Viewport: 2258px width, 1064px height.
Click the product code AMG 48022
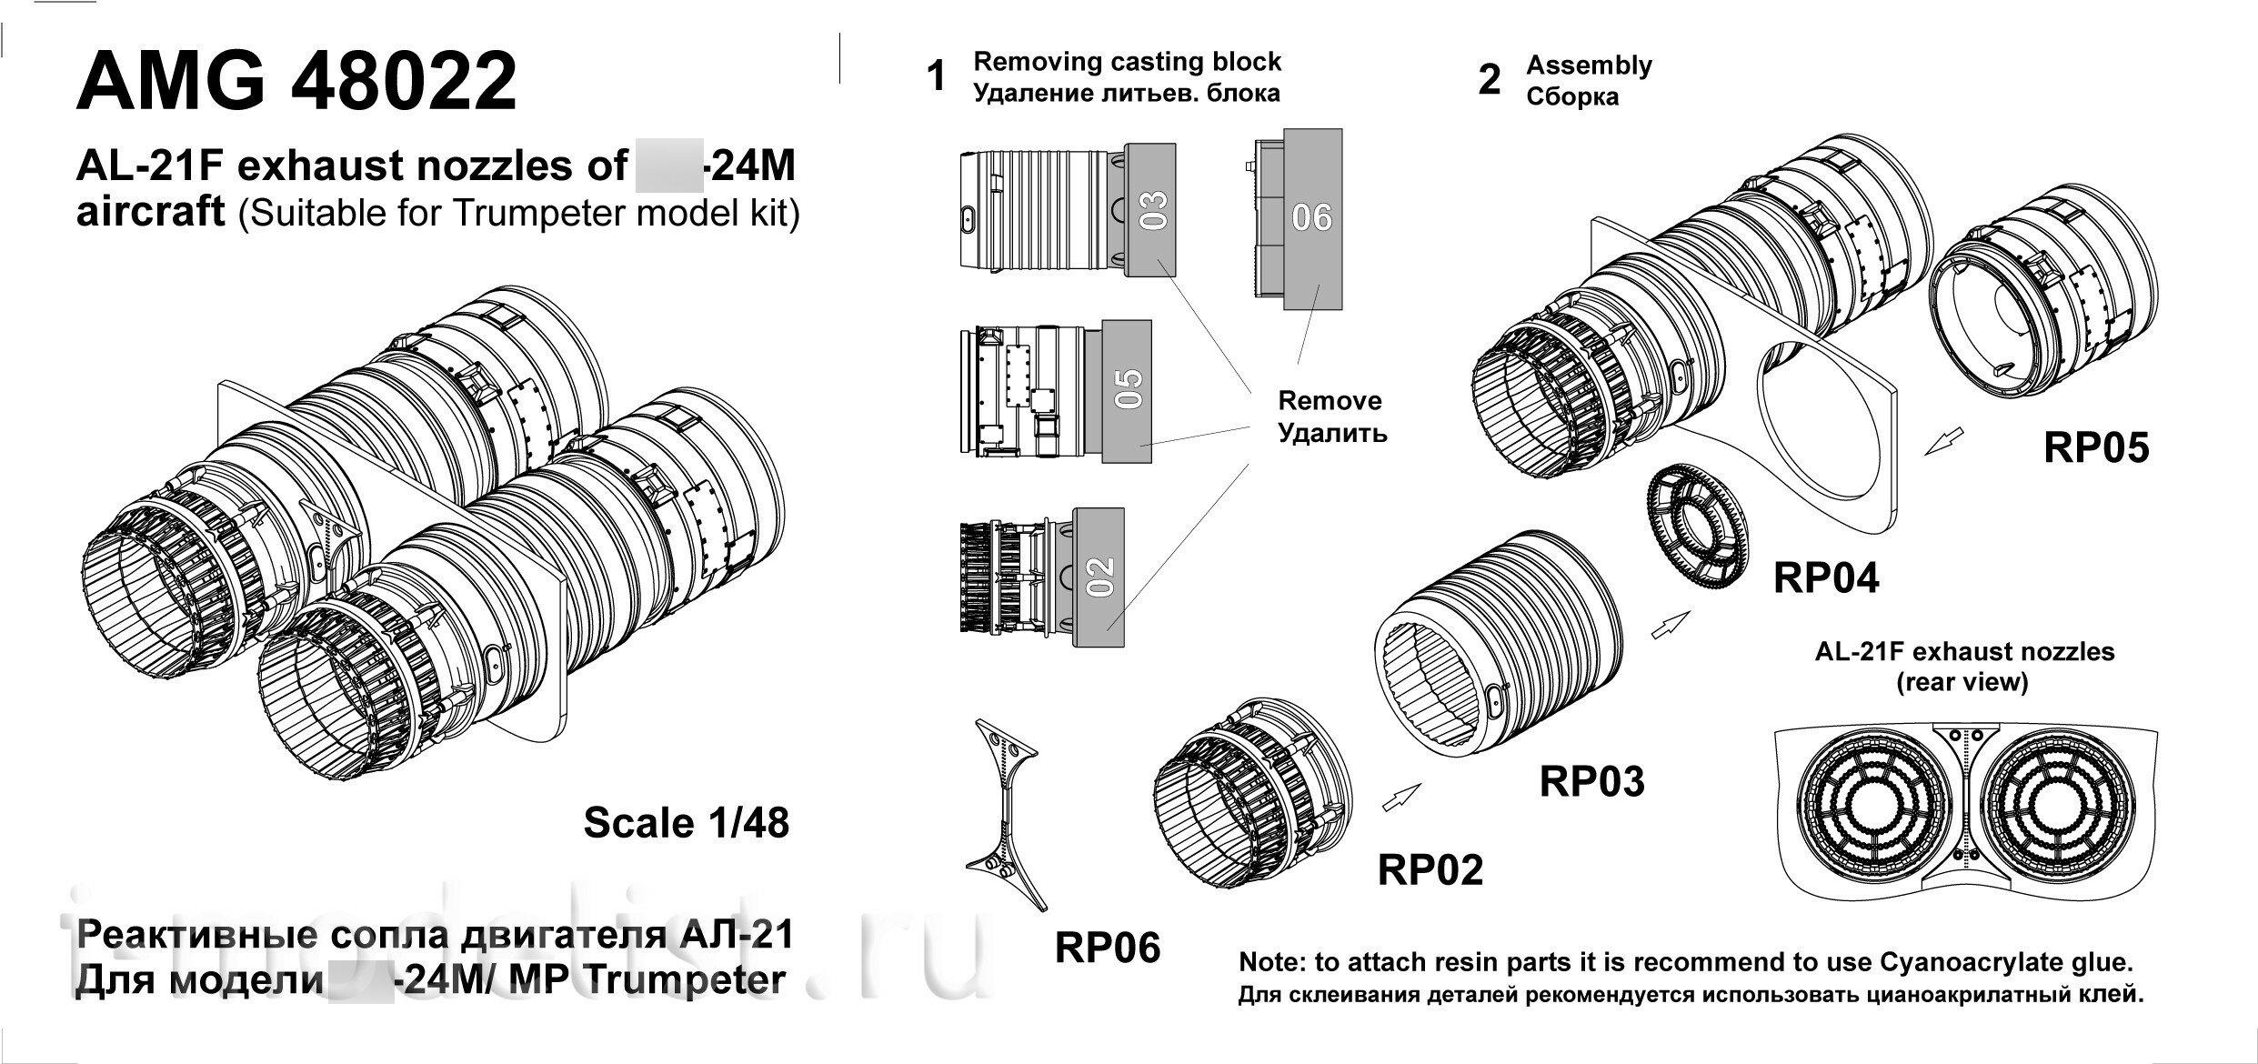pos(296,82)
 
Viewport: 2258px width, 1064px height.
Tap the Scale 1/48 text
pos(686,823)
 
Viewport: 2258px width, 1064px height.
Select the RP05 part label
pos(2096,447)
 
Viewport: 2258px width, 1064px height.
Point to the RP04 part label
pos(1825,577)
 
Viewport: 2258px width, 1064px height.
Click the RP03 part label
pos(1591,781)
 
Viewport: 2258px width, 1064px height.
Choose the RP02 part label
pos(1430,869)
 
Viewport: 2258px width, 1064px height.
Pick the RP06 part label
pos(1108,948)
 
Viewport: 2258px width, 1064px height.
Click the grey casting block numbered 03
pos(1150,210)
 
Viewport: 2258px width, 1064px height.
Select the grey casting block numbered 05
pos(1126,391)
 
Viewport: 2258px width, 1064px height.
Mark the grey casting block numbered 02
pos(1099,577)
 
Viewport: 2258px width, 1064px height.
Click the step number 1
pos(936,76)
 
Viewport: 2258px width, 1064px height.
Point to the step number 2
pos(1489,80)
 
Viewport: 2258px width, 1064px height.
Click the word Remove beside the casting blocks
pos(1330,401)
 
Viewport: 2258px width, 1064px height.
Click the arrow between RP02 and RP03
pos(1400,797)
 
